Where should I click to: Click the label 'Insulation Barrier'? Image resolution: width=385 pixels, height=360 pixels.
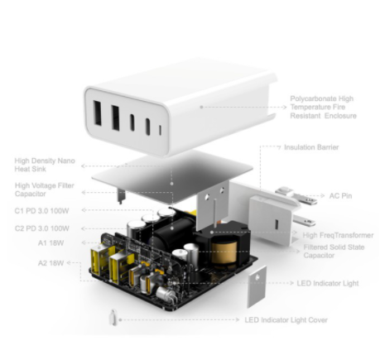(311, 147)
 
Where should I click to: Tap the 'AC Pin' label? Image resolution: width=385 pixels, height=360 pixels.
(340, 196)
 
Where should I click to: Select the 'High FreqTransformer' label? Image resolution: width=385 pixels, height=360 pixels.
(338, 235)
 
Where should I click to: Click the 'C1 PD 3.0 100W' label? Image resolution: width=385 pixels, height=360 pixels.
(41, 211)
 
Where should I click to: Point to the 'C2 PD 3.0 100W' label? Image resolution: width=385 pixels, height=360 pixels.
(42, 228)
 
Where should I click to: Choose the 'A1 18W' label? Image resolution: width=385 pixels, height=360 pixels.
(51, 243)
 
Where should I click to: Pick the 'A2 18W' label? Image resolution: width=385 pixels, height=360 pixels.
(51, 263)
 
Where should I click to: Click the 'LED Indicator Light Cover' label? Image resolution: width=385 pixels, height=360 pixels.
(286, 320)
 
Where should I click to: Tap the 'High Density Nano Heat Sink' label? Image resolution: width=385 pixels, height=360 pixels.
(45, 165)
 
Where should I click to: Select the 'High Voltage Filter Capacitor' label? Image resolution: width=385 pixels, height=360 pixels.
(45, 190)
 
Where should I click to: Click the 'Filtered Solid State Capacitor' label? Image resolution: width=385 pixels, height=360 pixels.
(334, 251)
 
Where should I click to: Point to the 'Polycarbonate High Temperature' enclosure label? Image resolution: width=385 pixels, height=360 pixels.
(323, 107)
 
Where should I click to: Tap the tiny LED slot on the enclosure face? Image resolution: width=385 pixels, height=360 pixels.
(161, 130)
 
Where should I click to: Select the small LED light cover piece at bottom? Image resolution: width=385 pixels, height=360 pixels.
(113, 317)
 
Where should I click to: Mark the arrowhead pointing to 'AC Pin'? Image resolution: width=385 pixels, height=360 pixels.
(323, 196)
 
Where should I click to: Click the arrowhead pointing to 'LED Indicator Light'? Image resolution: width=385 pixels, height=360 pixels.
(291, 283)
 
